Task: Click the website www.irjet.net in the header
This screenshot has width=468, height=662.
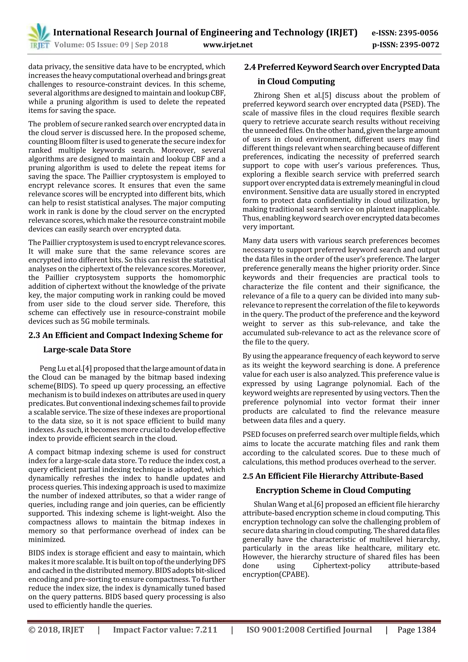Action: coord(228,45)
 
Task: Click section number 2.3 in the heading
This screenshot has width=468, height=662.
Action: coord(34,335)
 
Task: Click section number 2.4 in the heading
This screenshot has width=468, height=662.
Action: coord(250,67)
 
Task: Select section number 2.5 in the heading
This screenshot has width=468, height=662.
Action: coord(248,476)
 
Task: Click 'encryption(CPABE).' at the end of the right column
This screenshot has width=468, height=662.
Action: coord(276,574)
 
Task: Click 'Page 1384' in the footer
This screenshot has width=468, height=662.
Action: coord(416,630)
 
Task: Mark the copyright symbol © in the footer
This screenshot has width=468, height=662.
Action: coord(32,630)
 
